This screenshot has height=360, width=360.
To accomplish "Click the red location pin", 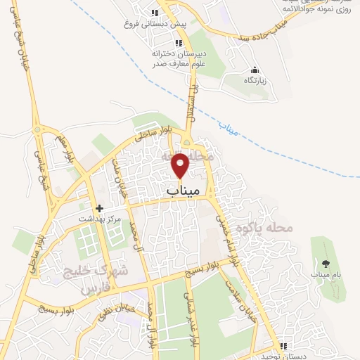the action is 181,165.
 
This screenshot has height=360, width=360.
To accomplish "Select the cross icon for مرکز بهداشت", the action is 99,208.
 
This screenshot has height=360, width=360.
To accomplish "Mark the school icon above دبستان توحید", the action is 283,346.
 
